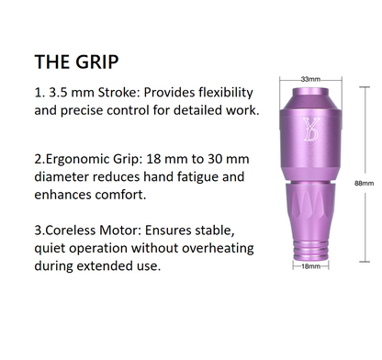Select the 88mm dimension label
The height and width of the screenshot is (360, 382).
(365, 184)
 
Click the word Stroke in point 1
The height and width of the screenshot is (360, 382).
(118, 94)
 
